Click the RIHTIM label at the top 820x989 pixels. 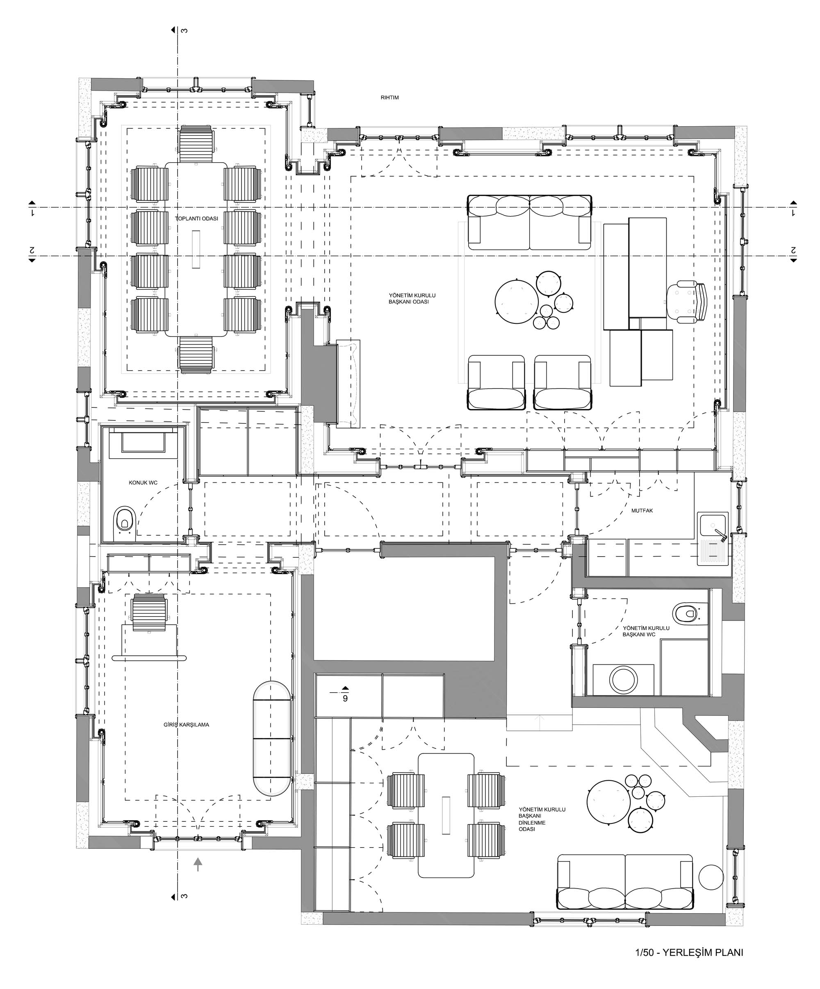(389, 98)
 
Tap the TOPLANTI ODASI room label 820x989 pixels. (196, 218)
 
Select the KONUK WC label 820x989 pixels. (143, 483)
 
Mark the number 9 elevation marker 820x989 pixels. (345, 698)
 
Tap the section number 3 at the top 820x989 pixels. (185, 31)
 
